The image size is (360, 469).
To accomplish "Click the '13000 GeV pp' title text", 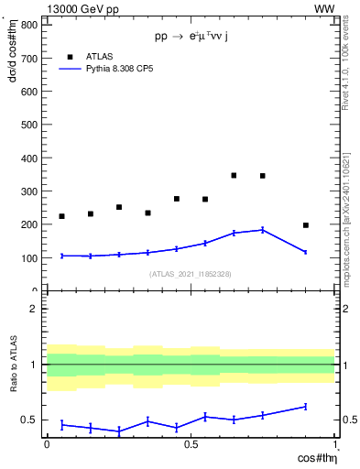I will tap(80, 8).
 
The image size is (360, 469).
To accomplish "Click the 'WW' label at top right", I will tap(323, 8).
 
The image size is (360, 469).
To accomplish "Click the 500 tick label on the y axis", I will tap(28, 125).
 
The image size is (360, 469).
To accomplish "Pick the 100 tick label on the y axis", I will tap(28, 258).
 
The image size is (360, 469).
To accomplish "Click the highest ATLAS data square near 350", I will tap(234, 175).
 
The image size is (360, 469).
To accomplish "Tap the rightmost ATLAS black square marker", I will tap(305, 225).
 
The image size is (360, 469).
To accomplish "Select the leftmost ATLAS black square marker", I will tap(61, 216).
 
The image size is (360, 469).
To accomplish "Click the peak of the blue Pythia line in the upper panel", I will tap(263, 230).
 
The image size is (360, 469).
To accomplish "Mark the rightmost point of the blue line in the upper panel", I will tap(305, 252).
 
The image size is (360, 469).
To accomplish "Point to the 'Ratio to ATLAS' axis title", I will tap(12, 365).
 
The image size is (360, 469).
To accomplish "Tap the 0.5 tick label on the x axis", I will tap(191, 443).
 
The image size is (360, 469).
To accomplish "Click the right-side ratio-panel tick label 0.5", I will tap(349, 420).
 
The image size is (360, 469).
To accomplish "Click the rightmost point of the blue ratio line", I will tap(305, 406).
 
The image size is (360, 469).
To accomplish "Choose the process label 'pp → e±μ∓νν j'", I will tap(191, 37).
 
